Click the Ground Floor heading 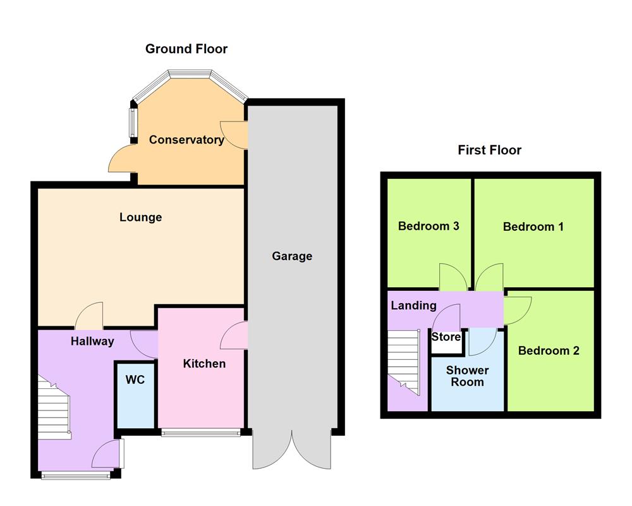point(186,49)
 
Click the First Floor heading point(489,150)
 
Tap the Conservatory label point(186,140)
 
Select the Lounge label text point(140,217)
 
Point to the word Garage point(292,256)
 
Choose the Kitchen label point(204,363)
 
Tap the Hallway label point(92,342)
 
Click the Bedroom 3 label point(428,226)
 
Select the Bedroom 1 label point(533,226)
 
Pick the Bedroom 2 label point(549,350)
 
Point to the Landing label point(413,305)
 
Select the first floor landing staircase point(403,361)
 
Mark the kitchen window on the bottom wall point(201,433)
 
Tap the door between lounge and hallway point(89,316)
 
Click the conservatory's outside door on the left point(121,159)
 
